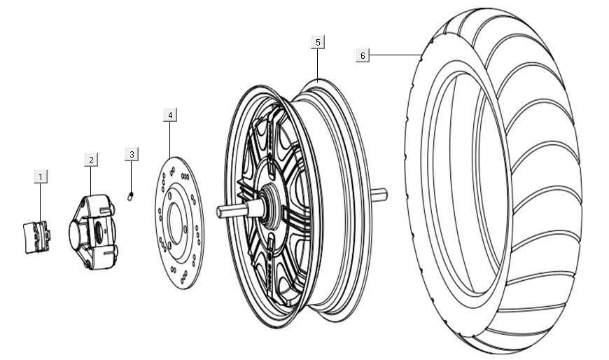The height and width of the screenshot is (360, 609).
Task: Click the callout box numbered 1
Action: coord(41,176)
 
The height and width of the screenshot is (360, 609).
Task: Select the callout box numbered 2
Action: coord(91,160)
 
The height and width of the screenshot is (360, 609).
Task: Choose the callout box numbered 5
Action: coord(318,43)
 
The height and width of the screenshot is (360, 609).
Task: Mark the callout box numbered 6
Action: coord(362,55)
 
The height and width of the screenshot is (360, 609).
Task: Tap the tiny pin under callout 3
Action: coord(131,197)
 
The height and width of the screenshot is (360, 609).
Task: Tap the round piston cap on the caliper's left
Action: coord(75,230)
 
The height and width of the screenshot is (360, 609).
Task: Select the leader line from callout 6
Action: coord(395,55)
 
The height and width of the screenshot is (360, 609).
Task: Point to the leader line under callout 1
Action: coord(41,203)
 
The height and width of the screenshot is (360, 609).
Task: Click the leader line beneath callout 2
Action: coord(91,182)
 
